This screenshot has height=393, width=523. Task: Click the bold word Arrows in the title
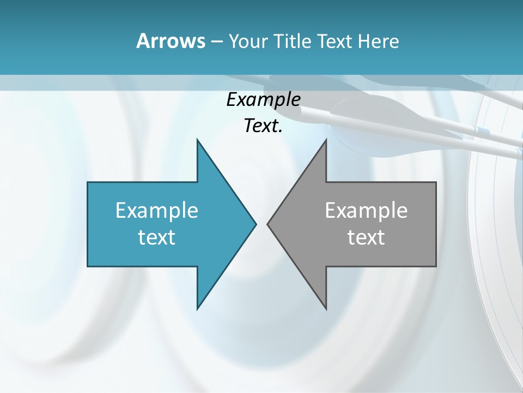(x=170, y=41)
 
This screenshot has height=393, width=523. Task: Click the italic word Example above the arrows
(x=263, y=100)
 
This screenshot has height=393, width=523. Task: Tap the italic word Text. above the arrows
(x=263, y=126)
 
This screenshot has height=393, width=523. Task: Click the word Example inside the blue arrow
(x=157, y=211)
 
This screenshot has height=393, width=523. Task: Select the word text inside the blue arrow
(x=157, y=237)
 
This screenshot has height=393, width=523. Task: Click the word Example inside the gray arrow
(x=366, y=211)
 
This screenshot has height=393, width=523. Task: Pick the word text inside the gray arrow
(x=366, y=237)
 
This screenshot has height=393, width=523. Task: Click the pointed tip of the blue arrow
(x=256, y=224)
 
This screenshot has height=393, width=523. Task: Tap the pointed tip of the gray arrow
(x=267, y=224)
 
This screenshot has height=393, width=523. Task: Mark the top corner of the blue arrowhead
(x=197, y=139)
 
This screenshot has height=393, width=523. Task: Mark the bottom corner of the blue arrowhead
(x=197, y=309)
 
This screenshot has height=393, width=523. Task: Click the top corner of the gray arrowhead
(x=326, y=139)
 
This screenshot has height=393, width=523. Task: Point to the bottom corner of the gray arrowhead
(x=326, y=309)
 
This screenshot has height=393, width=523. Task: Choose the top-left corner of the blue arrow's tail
(x=88, y=182)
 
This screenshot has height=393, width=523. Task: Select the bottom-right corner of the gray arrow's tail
(x=436, y=266)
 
